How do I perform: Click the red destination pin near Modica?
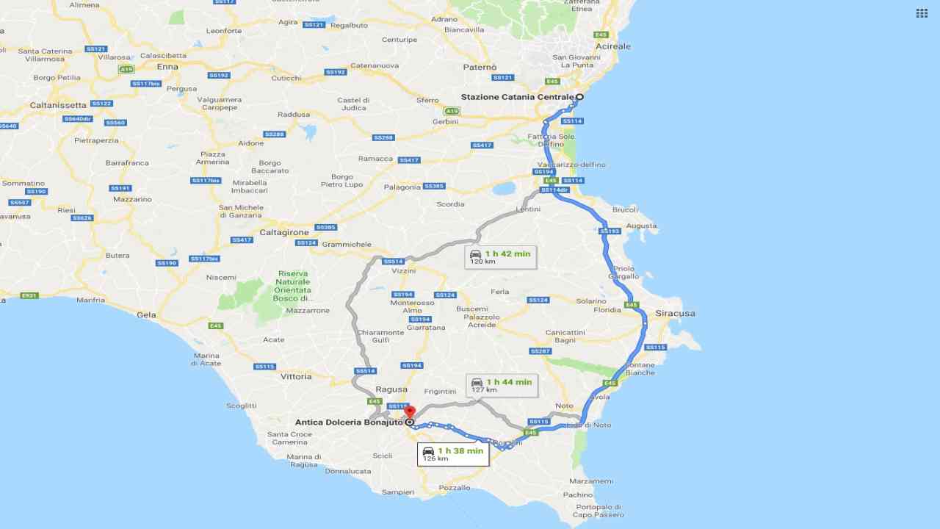point(410,411)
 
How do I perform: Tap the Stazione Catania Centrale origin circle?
point(579,97)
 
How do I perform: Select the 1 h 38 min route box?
point(453,454)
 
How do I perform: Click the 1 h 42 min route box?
point(500,257)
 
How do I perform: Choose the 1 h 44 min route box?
point(502,386)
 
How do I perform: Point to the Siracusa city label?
point(675,313)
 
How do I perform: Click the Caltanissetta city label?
point(58,105)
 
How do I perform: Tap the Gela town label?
point(146,314)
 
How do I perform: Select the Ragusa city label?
point(391,389)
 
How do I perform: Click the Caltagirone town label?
point(284,232)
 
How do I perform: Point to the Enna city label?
point(167,67)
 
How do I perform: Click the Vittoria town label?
point(296,376)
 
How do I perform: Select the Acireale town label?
point(613,46)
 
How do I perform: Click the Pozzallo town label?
point(454,488)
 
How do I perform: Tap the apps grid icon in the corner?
point(922,13)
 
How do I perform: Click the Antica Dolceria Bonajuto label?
point(349,422)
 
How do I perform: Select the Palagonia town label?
point(402,187)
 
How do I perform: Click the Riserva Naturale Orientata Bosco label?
point(293,286)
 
